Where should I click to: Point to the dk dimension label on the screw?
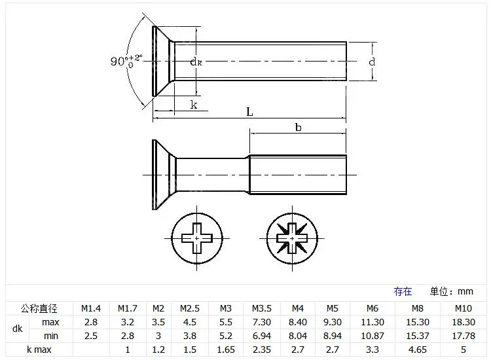(196, 62)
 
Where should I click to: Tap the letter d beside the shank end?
(372, 62)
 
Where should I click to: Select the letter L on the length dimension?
(249, 112)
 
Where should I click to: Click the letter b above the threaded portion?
(298, 127)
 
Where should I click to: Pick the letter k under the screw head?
(194, 105)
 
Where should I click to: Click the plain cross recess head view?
(197, 238)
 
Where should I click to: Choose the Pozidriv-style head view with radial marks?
(292, 238)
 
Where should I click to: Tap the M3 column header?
(225, 308)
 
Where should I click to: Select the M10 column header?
(463, 308)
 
